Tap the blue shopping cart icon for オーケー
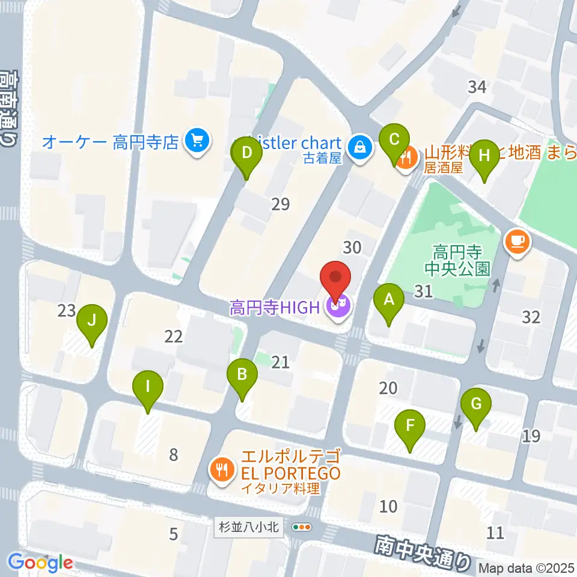197,142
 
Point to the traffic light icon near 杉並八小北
302,527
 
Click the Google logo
41,562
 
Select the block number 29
280,204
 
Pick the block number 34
477,87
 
